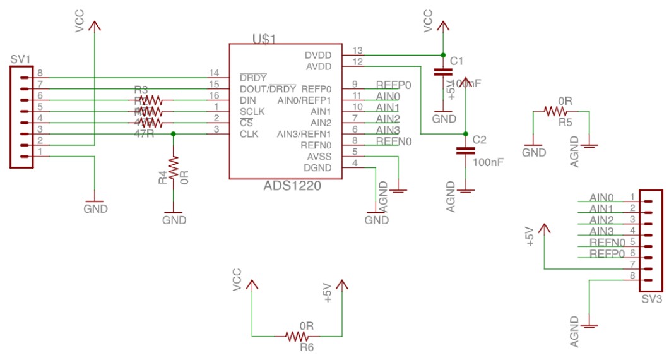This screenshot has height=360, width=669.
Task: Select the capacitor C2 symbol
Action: click(x=466, y=151)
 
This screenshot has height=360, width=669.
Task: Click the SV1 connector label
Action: click(x=21, y=59)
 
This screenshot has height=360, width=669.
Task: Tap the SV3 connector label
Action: click(x=650, y=299)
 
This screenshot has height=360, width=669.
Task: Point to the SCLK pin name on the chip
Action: click(x=252, y=112)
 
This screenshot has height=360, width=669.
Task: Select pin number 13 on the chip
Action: click(x=358, y=51)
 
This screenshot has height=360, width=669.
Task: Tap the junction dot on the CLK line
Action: click(x=174, y=134)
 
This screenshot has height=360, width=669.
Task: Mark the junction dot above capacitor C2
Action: click(x=466, y=134)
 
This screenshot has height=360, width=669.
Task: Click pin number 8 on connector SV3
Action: click(x=632, y=276)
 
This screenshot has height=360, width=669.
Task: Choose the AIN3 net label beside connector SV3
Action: click(x=601, y=231)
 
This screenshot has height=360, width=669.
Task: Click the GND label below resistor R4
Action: click(x=174, y=220)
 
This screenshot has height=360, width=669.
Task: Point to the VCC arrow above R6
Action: click(x=252, y=285)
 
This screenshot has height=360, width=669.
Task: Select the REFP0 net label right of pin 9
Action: click(x=394, y=85)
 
